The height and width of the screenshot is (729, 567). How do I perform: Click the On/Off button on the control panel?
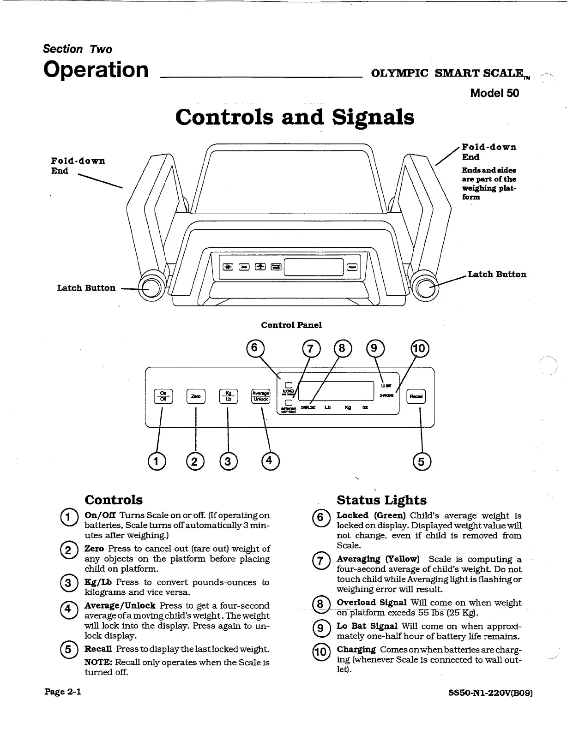163,396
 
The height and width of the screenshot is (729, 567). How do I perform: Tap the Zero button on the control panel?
196,396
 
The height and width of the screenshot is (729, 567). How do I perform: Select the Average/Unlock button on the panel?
260,396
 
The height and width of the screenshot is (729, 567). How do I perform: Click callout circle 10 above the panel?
420,348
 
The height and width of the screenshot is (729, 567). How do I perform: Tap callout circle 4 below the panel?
270,460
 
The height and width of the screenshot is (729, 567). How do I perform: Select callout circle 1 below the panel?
156,460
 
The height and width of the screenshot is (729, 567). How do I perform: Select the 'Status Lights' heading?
381,500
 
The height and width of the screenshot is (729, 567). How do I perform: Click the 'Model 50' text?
494,93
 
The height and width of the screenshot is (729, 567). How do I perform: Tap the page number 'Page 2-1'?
63,691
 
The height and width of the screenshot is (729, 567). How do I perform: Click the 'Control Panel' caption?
291,325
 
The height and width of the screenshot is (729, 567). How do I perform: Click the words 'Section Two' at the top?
77,49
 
